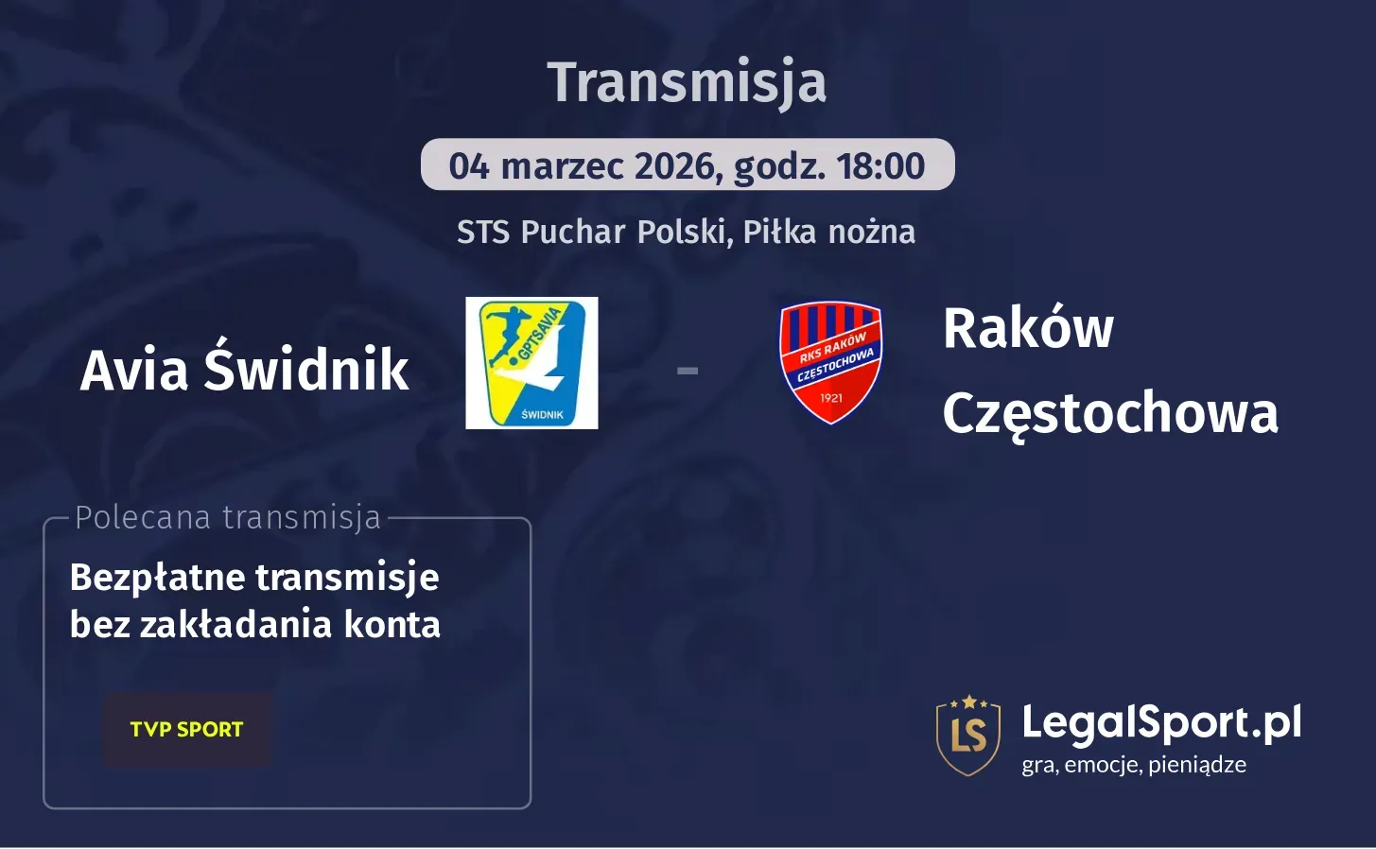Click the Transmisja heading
click(687, 82)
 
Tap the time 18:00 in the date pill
click(880, 166)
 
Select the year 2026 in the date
click(673, 166)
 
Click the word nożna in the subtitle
click(871, 232)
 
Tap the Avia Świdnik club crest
click(531, 363)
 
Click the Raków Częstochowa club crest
click(830, 363)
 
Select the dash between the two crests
click(688, 371)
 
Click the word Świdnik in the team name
click(306, 369)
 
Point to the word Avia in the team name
click(134, 370)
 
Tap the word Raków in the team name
click(1028, 328)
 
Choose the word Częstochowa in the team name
click(1110, 413)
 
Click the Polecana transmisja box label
click(228, 518)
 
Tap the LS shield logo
click(968, 736)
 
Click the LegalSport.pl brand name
click(1161, 723)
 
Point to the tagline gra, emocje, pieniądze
click(1134, 765)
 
